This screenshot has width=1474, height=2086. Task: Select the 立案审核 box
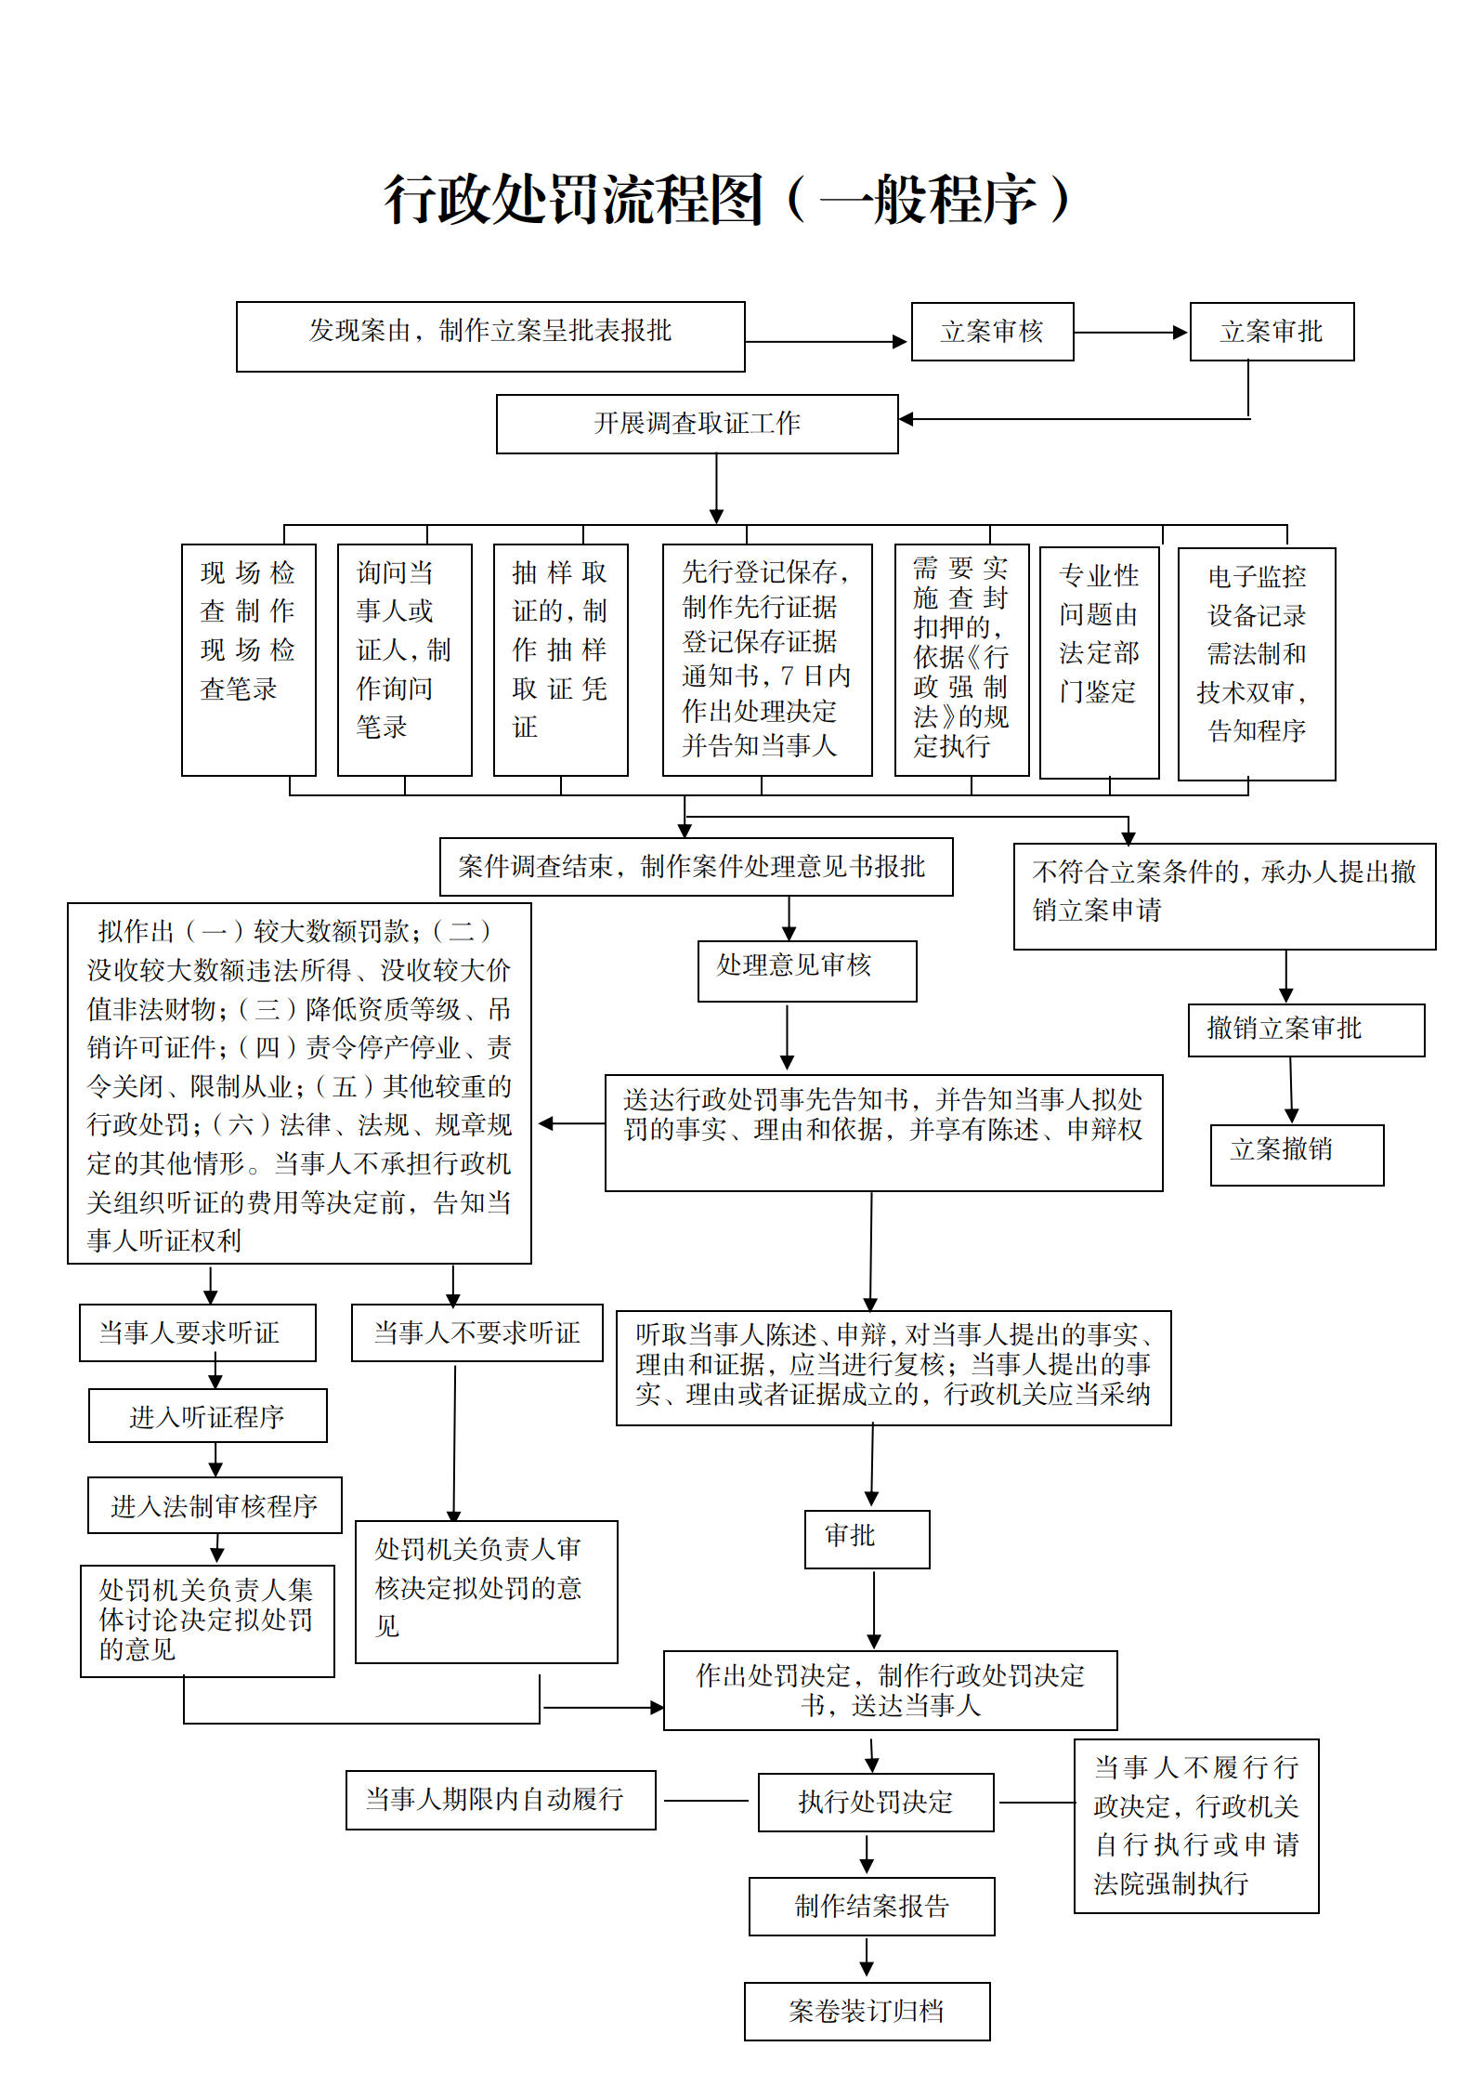coord(992,332)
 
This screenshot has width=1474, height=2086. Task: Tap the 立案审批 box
coord(1272,332)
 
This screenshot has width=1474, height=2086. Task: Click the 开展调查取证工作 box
coord(697,424)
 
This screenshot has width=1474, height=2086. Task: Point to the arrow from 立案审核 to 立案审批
coord(1131,332)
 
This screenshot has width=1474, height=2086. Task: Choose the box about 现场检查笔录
coord(248,660)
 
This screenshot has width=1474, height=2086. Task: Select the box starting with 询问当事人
coord(404,660)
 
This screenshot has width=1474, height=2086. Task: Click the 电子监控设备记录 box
coord(1256,663)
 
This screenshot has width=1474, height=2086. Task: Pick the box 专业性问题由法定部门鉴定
coord(1099,662)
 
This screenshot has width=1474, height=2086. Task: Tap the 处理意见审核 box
coord(806,971)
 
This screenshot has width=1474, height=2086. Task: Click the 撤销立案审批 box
coord(1305,1030)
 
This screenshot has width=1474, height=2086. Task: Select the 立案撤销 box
coord(1296,1154)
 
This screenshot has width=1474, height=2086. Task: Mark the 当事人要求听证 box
coord(197,1332)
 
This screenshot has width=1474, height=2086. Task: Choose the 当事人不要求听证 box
coord(476,1332)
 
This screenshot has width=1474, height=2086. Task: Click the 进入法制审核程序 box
coord(214,1505)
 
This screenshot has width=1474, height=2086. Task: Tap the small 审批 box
coord(866,1539)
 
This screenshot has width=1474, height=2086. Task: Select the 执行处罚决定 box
coord(875,1803)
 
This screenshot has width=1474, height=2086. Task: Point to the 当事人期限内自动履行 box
coord(500,1800)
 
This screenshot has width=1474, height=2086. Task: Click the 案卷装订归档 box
coord(867,2012)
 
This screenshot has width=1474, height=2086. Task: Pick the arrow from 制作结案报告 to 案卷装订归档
coord(867,1958)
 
